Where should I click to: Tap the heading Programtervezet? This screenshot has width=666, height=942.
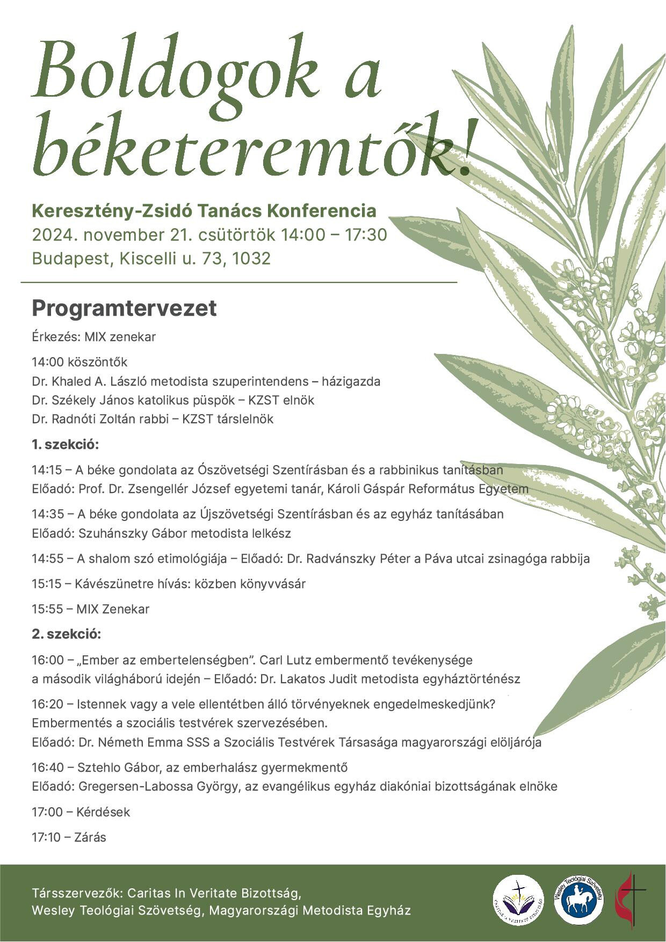click(124, 309)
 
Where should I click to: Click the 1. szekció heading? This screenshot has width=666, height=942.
click(66, 445)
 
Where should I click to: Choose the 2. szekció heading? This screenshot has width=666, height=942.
click(66, 634)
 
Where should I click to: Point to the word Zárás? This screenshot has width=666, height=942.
click(91, 837)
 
